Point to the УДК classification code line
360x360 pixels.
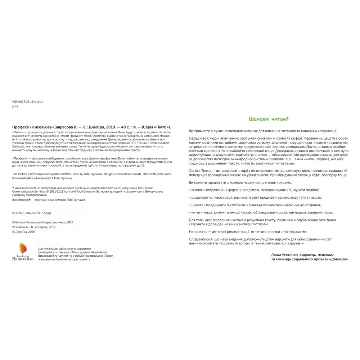click(28, 102)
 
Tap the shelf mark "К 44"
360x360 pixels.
click(15, 107)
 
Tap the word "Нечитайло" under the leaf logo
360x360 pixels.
click(22, 259)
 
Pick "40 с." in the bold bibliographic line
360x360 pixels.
click(122, 127)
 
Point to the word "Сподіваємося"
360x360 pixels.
click(202, 239)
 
